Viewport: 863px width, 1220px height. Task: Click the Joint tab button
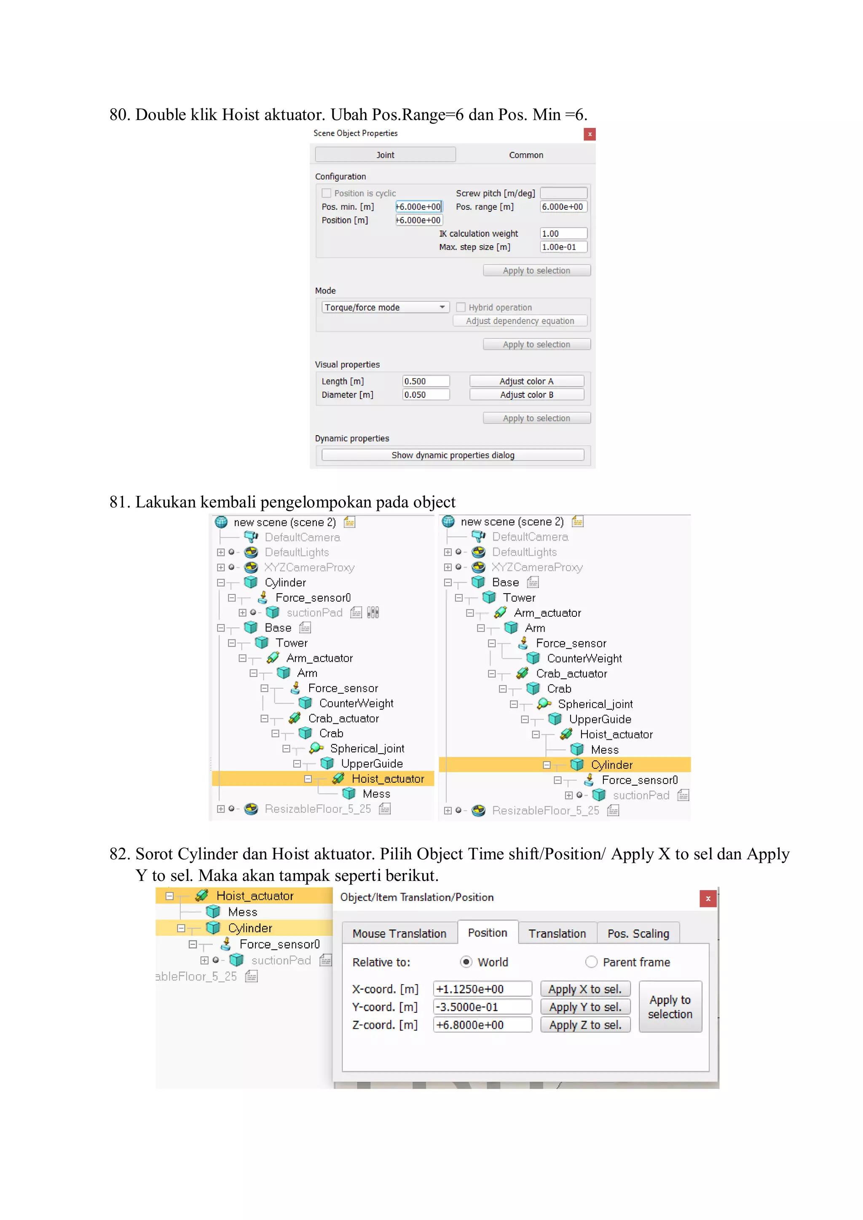click(x=385, y=155)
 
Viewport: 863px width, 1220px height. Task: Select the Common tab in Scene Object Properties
click(x=525, y=155)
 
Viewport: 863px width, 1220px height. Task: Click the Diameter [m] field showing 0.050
click(x=425, y=395)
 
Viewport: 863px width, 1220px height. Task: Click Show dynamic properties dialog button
click(x=452, y=455)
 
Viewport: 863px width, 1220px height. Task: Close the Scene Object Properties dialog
click(x=590, y=134)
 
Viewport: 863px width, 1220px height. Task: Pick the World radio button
click(x=466, y=962)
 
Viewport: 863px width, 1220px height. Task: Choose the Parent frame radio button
click(x=591, y=962)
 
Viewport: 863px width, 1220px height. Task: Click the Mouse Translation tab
click(x=399, y=933)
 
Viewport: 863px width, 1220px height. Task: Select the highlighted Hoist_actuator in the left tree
click(x=387, y=779)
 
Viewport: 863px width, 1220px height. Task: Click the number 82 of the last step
click(x=118, y=854)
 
